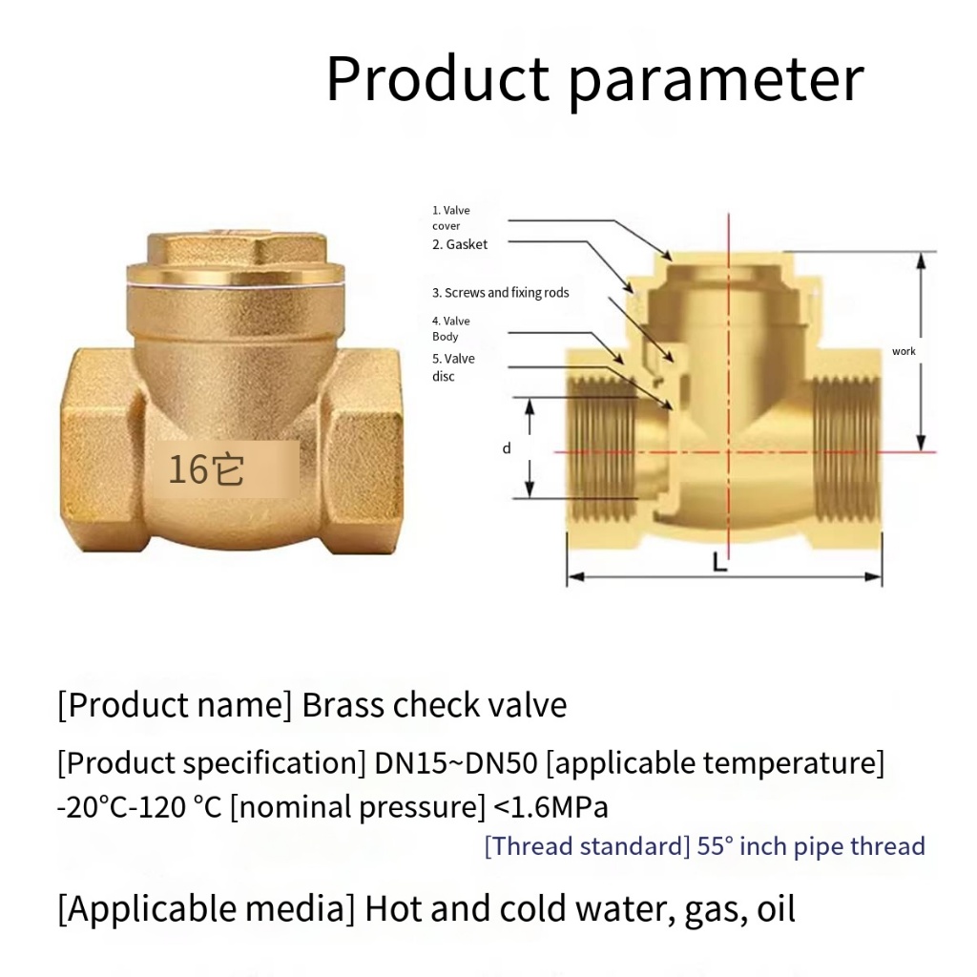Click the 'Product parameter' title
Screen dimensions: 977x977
pyautogui.click(x=595, y=80)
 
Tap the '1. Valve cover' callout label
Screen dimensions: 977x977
pyautogui.click(x=451, y=218)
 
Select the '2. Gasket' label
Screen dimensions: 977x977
pyautogui.click(x=460, y=244)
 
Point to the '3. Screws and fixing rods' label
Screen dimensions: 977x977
pyautogui.click(x=500, y=292)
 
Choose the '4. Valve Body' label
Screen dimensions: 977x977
pyautogui.click(x=451, y=328)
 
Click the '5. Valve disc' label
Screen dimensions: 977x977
pyautogui.click(x=453, y=367)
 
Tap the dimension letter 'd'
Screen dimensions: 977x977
pyautogui.click(x=507, y=448)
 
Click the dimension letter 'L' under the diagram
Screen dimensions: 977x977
pyautogui.click(x=719, y=563)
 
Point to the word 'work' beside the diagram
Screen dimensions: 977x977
pyautogui.click(x=904, y=351)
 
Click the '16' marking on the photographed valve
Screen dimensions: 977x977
pyautogui.click(x=188, y=469)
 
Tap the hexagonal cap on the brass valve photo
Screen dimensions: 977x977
pyautogui.click(x=237, y=248)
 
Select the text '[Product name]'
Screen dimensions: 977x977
pyautogui.click(x=175, y=705)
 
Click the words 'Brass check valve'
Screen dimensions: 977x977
pyautogui.click(x=434, y=705)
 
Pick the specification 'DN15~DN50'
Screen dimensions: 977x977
pyautogui.click(x=456, y=762)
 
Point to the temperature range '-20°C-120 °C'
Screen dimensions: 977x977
pyautogui.click(x=139, y=807)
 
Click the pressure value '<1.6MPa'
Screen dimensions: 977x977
pyautogui.click(x=551, y=807)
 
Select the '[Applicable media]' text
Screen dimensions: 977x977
pyautogui.click(x=206, y=908)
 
